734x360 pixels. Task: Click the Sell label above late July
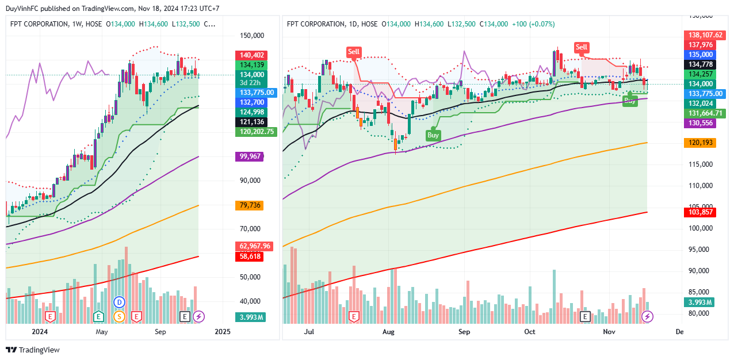353,52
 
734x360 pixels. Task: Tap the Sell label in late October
582,47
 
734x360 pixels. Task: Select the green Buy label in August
433,135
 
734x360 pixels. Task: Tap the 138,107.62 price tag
703,35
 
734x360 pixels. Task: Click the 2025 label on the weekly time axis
222,332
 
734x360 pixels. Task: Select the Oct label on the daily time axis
530,332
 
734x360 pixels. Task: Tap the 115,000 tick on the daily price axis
700,164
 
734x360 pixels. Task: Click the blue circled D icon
120,302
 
